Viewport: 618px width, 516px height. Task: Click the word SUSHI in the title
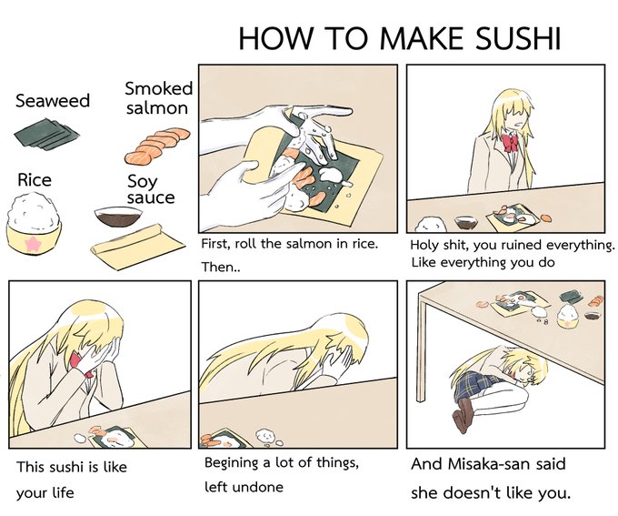pyautogui.click(x=518, y=38)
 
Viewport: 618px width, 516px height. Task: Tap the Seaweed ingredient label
pyautogui.click(x=53, y=101)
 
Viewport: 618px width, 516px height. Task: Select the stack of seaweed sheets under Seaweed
pyautogui.click(x=46, y=134)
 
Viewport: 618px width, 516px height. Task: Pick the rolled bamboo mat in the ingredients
pyautogui.click(x=137, y=246)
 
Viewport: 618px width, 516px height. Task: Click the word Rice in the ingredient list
pyautogui.click(x=35, y=180)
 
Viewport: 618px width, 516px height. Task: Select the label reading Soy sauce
pyautogui.click(x=151, y=190)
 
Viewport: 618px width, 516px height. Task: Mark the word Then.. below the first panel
pyautogui.click(x=221, y=268)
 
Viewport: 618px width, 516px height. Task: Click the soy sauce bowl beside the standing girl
pyautogui.click(x=465, y=222)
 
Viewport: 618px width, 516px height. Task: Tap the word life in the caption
pyautogui.click(x=64, y=493)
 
